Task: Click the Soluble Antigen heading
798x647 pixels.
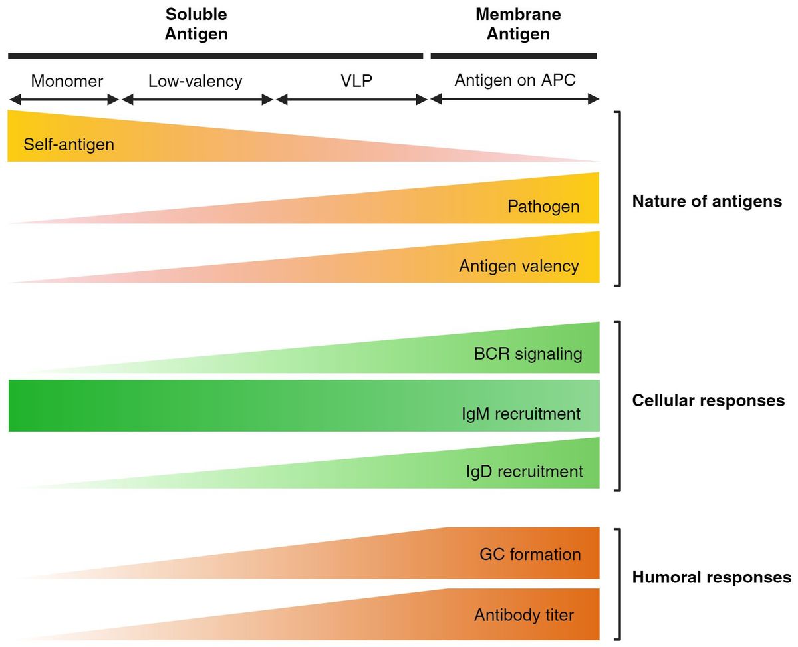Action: [196, 24]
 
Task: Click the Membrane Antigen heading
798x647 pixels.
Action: [518, 24]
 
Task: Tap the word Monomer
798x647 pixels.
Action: [67, 81]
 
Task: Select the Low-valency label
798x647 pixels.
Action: [195, 81]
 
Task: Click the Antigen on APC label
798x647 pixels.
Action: [515, 80]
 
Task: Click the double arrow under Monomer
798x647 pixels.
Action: [64, 100]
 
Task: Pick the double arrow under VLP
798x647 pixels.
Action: [351, 100]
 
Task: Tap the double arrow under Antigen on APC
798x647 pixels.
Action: [515, 100]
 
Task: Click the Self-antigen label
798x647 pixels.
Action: [68, 144]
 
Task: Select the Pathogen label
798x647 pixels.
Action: [543, 207]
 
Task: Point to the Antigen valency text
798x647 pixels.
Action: [519, 266]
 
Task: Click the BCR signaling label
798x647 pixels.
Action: [528, 354]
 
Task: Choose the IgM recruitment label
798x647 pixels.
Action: [521, 414]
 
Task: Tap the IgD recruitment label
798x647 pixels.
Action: [524, 471]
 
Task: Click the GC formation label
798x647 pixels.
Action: [530, 554]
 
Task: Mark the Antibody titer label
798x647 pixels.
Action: [523, 615]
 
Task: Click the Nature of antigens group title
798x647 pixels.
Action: [707, 201]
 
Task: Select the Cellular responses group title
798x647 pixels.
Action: [708, 401]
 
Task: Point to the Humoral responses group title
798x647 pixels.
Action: [712, 577]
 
